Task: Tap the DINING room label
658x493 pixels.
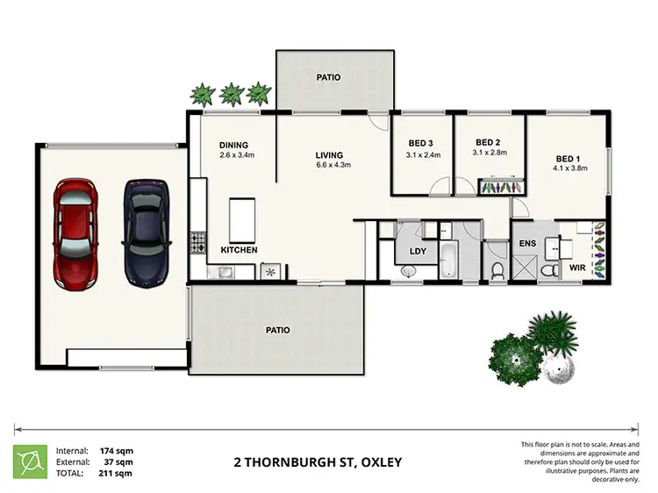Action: pyautogui.click(x=234, y=146)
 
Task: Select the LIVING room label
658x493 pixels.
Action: pyautogui.click(x=330, y=156)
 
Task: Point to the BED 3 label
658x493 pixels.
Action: pyautogui.click(x=421, y=144)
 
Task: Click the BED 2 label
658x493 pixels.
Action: pyautogui.click(x=488, y=142)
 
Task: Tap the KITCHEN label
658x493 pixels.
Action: pyautogui.click(x=239, y=251)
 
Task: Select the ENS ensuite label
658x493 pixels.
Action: pyautogui.click(x=527, y=243)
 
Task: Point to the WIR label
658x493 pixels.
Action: pyautogui.click(x=577, y=266)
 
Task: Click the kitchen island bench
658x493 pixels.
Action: pyautogui.click(x=241, y=219)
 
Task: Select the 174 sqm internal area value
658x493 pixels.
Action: pyautogui.click(x=119, y=450)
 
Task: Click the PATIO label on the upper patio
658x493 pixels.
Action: pyautogui.click(x=329, y=78)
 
